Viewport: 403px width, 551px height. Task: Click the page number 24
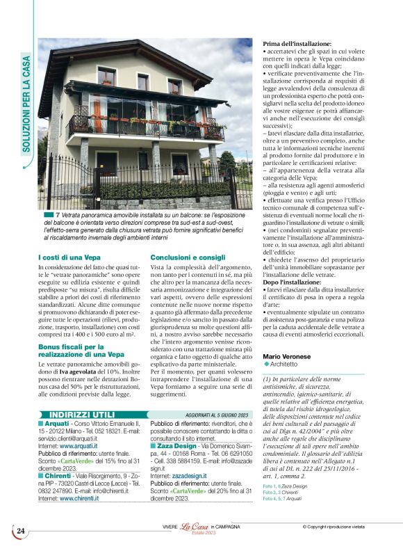click(20, 532)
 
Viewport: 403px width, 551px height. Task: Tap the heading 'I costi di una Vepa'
click(69, 238)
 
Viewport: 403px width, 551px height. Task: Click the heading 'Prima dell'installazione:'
click(297, 44)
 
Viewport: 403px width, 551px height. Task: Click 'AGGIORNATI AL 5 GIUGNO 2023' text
click(217, 396)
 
